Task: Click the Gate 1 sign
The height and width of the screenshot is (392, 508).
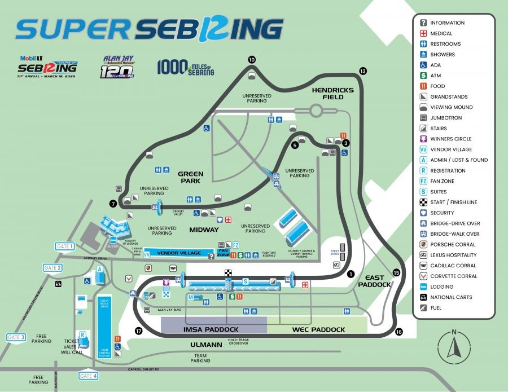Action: pos(65,246)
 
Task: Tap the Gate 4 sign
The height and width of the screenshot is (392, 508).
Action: pos(88,376)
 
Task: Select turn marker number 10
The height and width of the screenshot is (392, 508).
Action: pos(252,59)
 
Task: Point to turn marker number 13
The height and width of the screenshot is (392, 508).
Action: pos(362,71)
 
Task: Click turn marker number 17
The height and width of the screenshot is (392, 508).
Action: pos(138,331)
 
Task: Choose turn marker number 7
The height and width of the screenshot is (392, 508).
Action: pos(113,203)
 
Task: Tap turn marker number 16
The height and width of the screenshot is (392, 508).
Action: pos(400,332)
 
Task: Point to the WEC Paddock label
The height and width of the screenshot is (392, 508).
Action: pos(318,329)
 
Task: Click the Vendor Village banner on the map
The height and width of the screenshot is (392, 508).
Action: pos(178,253)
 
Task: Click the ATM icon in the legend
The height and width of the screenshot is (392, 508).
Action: pos(423,76)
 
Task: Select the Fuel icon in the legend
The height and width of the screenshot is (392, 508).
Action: pos(423,308)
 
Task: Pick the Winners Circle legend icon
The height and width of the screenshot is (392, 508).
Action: pos(423,139)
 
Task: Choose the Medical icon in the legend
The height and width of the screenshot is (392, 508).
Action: pos(423,33)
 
